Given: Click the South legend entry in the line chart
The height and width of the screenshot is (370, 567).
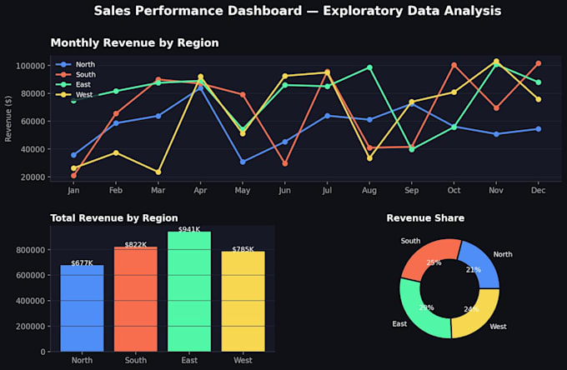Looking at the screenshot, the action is tap(76, 74).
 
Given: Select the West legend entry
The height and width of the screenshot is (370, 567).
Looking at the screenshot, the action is tap(74, 95).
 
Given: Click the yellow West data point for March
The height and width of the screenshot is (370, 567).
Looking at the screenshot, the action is tap(158, 172).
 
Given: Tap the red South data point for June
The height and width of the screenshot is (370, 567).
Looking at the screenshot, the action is tap(285, 163).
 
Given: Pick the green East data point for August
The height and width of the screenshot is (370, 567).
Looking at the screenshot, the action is tap(369, 67).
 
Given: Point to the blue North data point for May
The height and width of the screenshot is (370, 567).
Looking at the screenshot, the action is tap(243, 162).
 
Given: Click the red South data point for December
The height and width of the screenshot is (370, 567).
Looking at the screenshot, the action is tap(539, 63).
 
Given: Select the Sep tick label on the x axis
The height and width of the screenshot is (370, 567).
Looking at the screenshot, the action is tap(412, 191).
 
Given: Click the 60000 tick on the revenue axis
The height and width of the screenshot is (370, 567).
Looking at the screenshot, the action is tap(30, 122).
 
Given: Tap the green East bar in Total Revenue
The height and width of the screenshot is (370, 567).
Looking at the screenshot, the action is tap(189, 292).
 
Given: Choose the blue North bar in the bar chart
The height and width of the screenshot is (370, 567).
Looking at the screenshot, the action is tap(82, 308).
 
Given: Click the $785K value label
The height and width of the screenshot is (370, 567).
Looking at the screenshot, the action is tap(243, 249).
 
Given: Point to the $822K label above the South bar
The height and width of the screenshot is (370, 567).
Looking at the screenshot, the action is tap(136, 245).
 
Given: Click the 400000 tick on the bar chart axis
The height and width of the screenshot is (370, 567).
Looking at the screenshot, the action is tap(30, 301).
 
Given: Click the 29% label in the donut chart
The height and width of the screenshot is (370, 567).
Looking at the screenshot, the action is tap(427, 307).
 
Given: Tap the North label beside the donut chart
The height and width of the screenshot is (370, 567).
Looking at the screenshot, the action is tap(503, 254).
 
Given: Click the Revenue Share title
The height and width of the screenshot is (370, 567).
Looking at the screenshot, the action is tap(425, 217).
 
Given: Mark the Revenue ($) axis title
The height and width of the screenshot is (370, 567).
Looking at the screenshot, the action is tap(8, 118).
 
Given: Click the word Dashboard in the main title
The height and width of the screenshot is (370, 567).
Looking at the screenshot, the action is tap(264, 11).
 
